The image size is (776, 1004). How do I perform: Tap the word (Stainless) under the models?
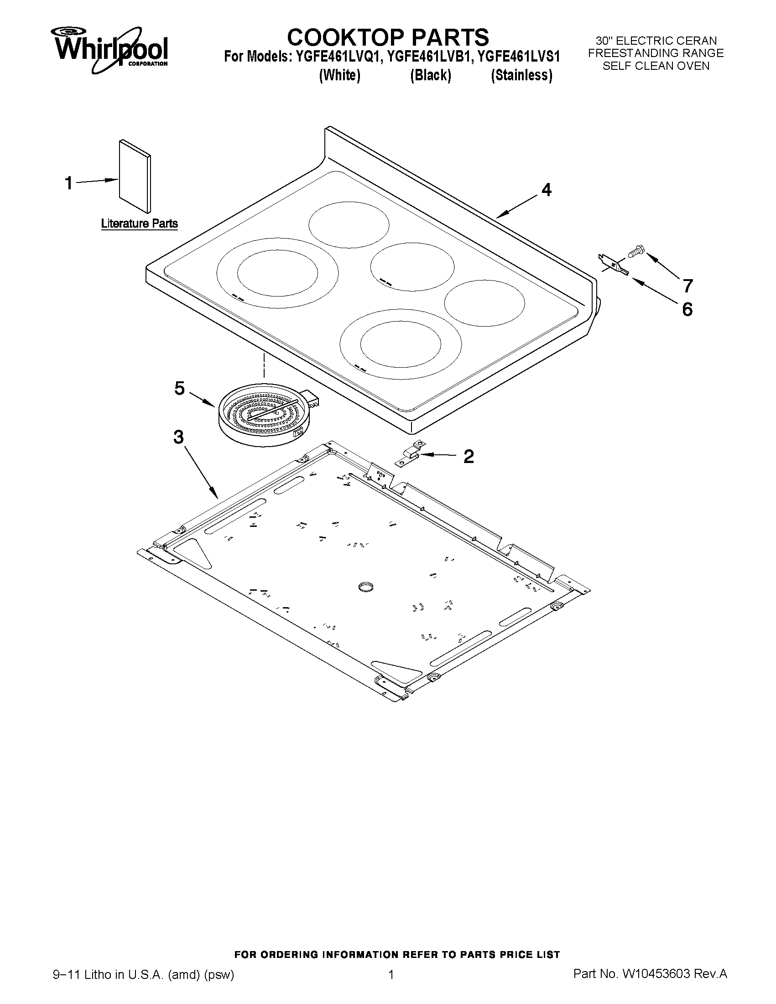coord(521,75)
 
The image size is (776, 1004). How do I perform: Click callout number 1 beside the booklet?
coord(68,183)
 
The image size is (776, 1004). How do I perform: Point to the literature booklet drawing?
coord(135,177)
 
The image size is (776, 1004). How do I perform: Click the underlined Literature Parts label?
coord(139,224)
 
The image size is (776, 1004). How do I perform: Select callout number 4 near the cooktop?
coord(546,189)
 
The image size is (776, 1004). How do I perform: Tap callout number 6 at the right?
coord(687,309)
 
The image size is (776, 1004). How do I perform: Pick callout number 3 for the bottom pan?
coord(178,437)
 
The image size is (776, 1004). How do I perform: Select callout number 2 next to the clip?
coord(468,456)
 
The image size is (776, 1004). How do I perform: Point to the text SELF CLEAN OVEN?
coord(656,66)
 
